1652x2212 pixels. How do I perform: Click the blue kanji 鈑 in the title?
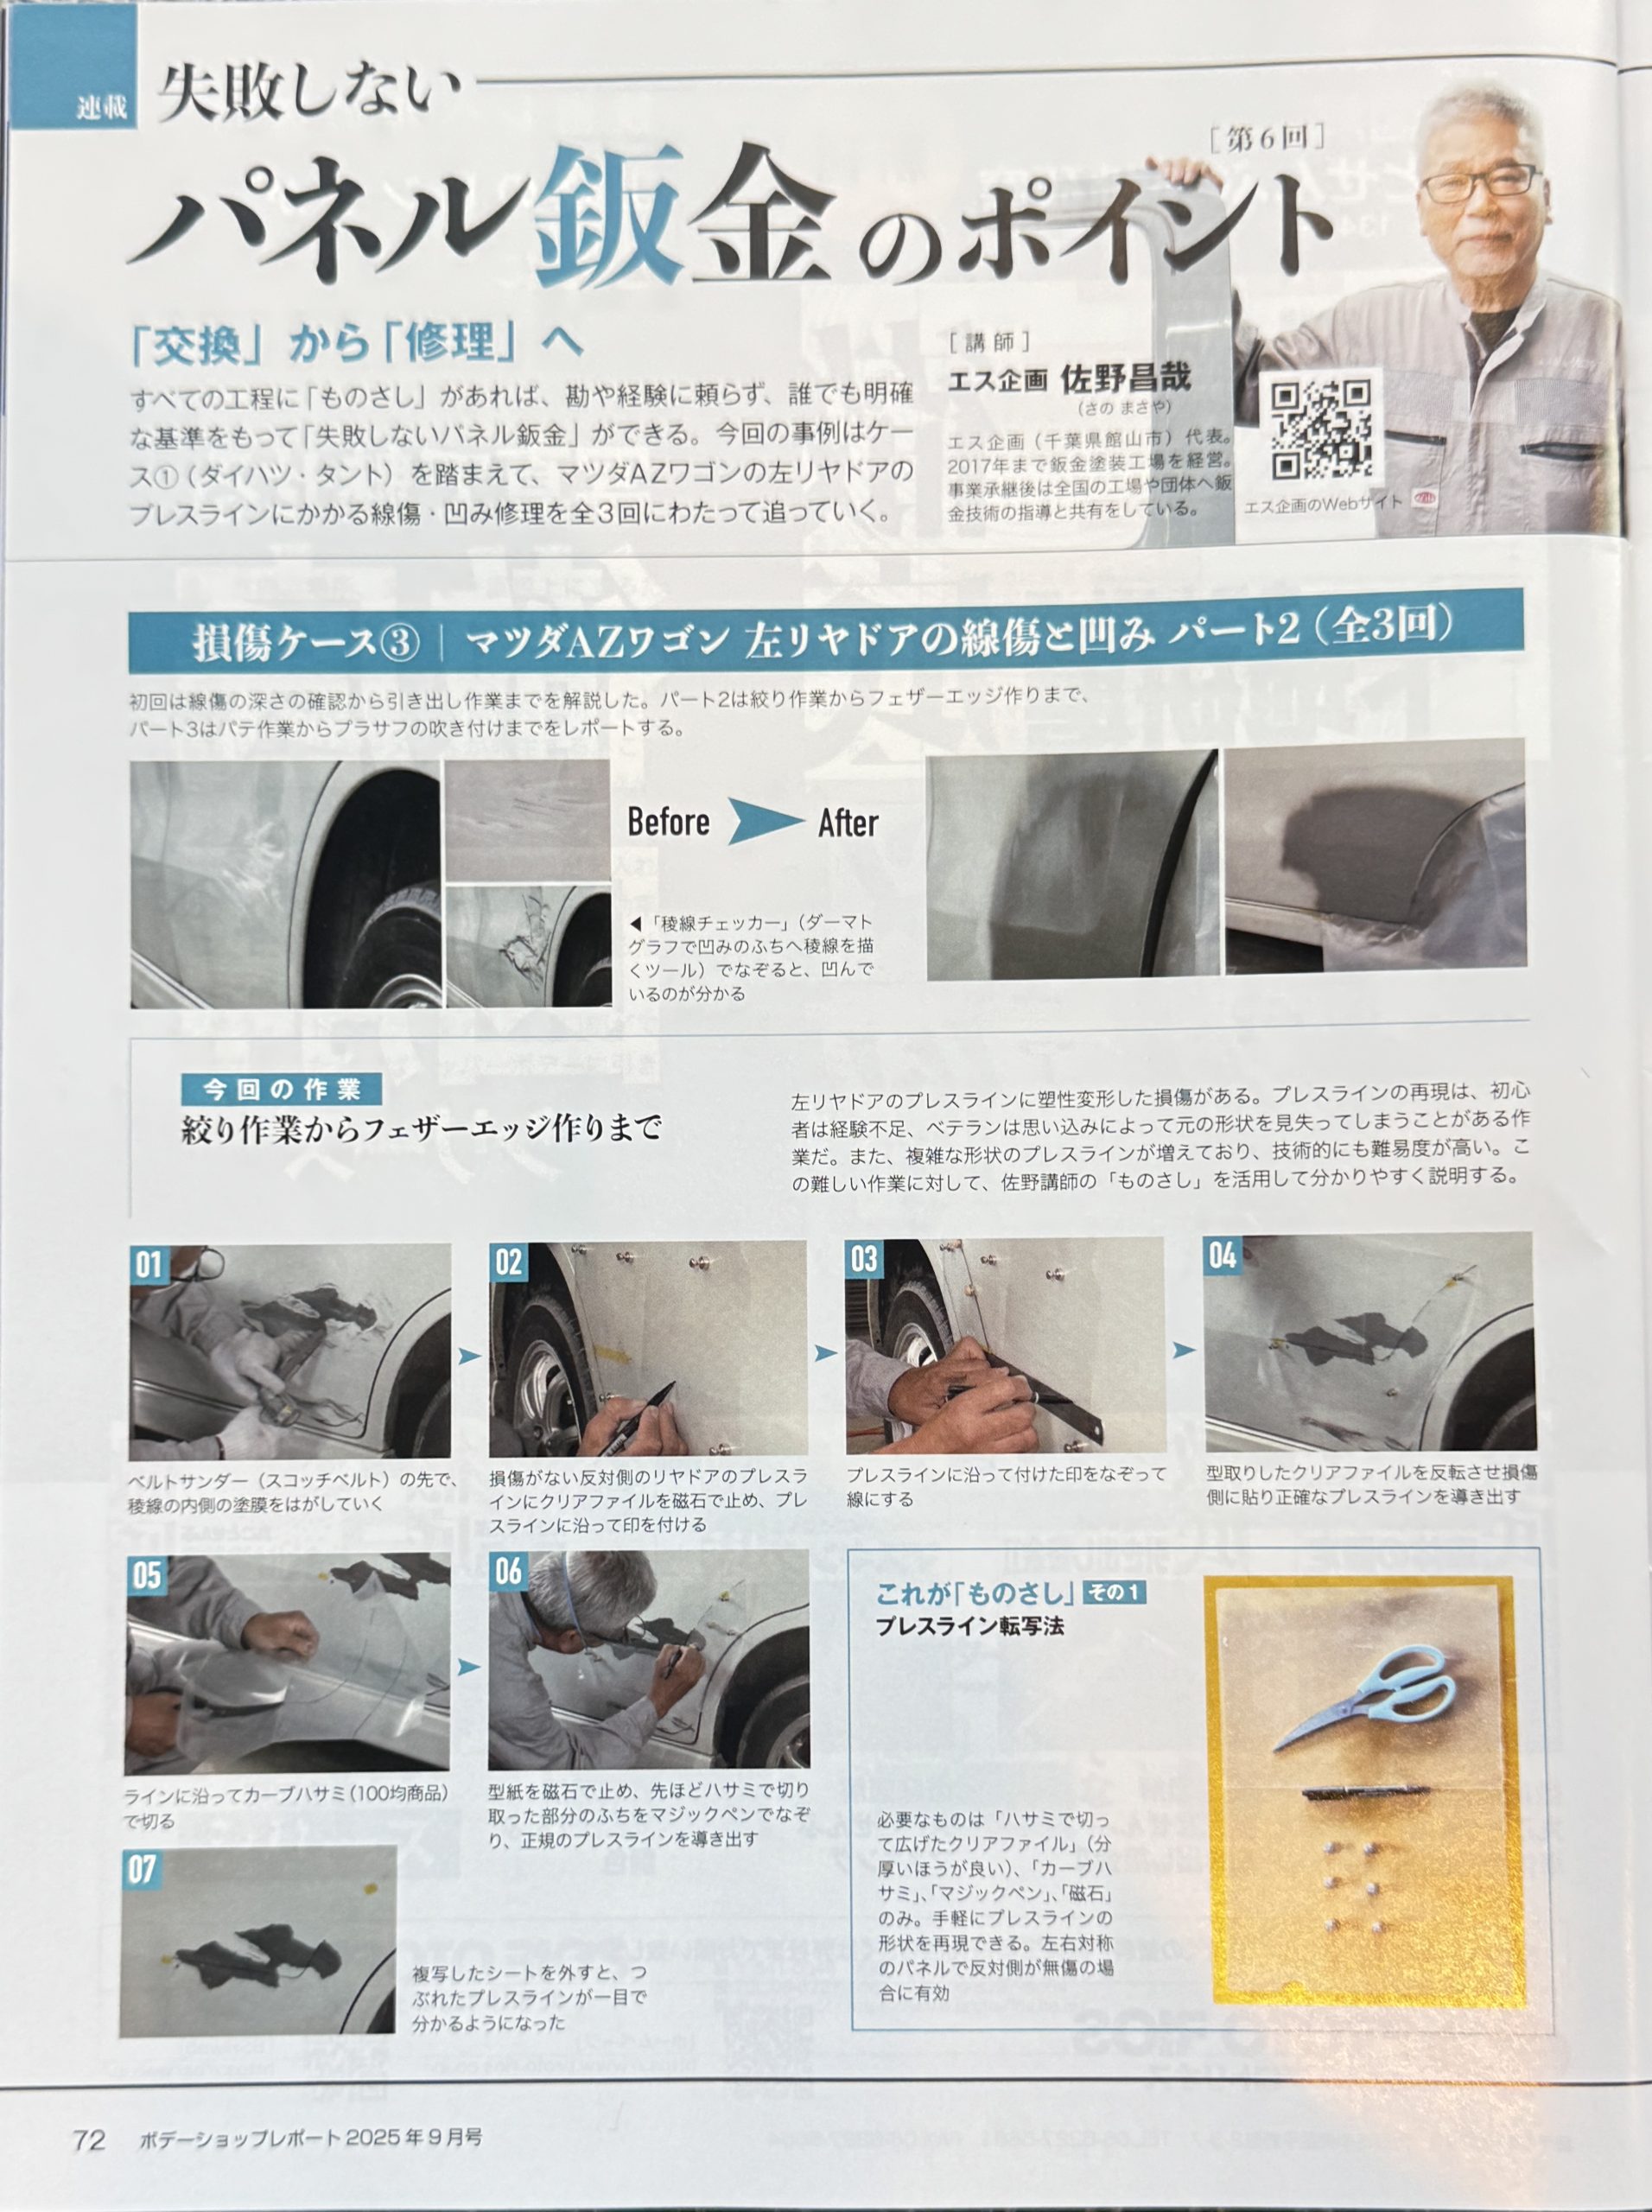coord(605,216)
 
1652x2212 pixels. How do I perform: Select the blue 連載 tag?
coord(102,106)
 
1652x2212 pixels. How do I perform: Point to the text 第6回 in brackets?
coord(1267,137)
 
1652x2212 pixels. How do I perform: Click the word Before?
coord(668,822)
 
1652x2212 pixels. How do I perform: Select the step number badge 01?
coord(148,1265)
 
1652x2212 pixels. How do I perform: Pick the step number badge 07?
coord(141,1869)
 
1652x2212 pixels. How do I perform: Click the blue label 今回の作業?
coord(281,1089)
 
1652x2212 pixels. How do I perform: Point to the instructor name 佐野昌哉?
coord(1125,378)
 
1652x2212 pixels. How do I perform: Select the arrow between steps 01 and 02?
coord(469,1356)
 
